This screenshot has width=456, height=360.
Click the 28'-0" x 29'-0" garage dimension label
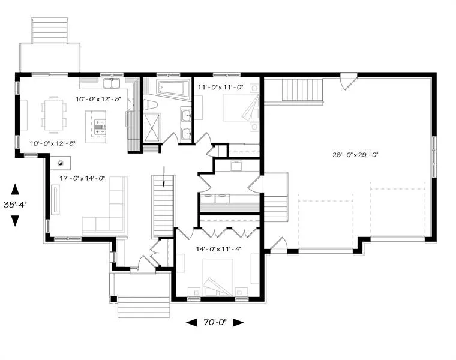tap(355, 155)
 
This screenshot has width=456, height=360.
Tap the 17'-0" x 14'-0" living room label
tap(82, 178)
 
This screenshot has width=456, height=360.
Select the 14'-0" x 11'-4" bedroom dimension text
tap(218, 249)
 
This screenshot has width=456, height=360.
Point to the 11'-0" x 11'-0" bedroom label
tap(220, 87)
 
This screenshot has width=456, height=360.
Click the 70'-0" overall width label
tap(215, 322)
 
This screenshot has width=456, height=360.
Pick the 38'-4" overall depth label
tap(15, 205)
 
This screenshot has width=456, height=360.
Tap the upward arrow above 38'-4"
tap(15, 190)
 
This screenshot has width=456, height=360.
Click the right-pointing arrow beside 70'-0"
tap(238, 322)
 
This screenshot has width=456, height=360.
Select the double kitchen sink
tap(112, 83)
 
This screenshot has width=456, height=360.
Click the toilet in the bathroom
tap(151, 105)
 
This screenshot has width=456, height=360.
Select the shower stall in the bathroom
tap(152, 128)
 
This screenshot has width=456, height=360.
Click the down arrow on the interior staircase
tap(164, 176)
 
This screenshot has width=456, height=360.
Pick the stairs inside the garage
tap(302, 90)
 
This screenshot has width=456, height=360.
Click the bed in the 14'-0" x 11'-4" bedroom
tap(218, 277)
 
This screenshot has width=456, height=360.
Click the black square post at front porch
tap(114, 299)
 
